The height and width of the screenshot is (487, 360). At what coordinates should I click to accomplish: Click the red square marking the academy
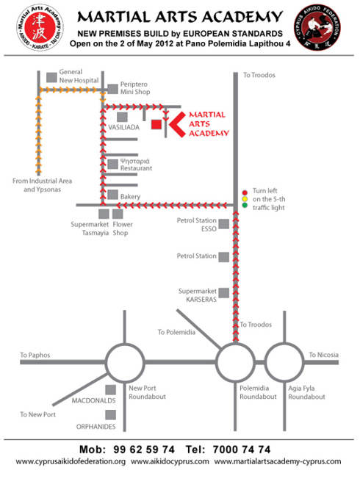[156, 124]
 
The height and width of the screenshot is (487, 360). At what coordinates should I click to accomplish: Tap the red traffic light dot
[245, 192]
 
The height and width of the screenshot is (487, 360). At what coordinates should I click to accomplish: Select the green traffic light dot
[245, 205]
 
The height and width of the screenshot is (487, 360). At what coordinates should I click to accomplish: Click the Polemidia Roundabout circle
[235, 344]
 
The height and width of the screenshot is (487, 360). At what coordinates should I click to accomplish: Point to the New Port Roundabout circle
[125, 344]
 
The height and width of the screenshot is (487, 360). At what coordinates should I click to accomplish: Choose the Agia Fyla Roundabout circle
[284, 344]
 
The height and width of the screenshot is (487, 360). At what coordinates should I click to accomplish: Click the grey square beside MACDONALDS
[111, 390]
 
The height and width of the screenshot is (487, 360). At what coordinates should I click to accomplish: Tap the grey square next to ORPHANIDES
[111, 414]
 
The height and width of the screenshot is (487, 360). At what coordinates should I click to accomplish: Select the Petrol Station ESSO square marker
[224, 224]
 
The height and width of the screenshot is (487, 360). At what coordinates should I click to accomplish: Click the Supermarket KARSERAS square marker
[224, 293]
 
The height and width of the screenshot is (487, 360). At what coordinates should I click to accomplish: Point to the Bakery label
[131, 197]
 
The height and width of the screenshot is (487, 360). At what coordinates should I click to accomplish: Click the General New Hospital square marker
[51, 77]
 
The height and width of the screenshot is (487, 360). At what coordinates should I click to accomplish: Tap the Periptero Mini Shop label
[135, 88]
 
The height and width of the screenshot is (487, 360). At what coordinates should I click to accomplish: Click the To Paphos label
[35, 355]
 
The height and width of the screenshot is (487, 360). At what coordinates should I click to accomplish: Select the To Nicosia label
[324, 355]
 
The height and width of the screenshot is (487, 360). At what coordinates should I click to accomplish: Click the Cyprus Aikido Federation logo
[317, 27]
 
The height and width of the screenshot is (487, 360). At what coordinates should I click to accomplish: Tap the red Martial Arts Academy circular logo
[40, 27]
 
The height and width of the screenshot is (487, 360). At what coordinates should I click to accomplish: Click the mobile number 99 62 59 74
[144, 450]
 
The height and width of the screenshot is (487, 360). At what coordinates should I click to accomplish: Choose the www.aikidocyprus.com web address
[170, 461]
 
